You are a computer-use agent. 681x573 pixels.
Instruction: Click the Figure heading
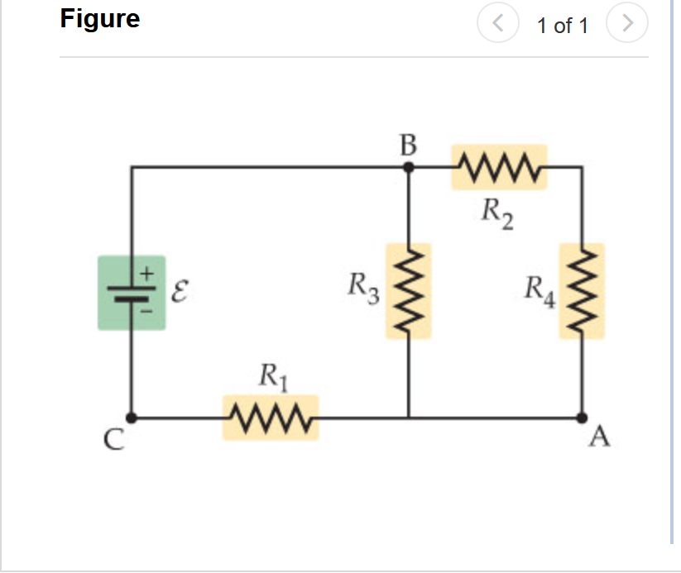(99, 18)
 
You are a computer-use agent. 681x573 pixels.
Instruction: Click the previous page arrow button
(497, 24)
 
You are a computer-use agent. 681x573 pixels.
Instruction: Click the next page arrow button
(627, 24)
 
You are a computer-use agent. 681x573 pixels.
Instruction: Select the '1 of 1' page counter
(562, 26)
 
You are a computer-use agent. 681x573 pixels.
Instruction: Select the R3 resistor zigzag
(408, 290)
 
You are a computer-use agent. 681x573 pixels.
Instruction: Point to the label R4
(539, 291)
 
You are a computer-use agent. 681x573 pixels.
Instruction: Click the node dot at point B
(408, 167)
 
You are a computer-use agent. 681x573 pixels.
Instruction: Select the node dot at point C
(132, 418)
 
